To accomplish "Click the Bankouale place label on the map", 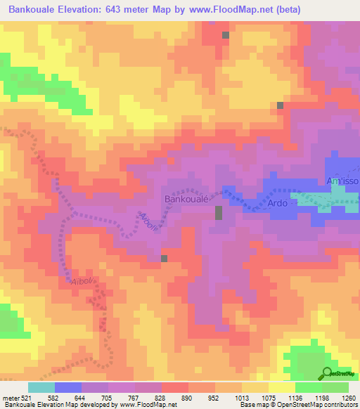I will pos(186,200).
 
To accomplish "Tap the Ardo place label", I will pos(277,204).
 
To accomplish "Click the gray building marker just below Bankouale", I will pos(219,213).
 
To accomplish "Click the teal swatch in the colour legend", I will pos(41,387).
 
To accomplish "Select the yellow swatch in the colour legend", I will pos(281,387).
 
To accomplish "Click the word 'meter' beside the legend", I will pos(10,398).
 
